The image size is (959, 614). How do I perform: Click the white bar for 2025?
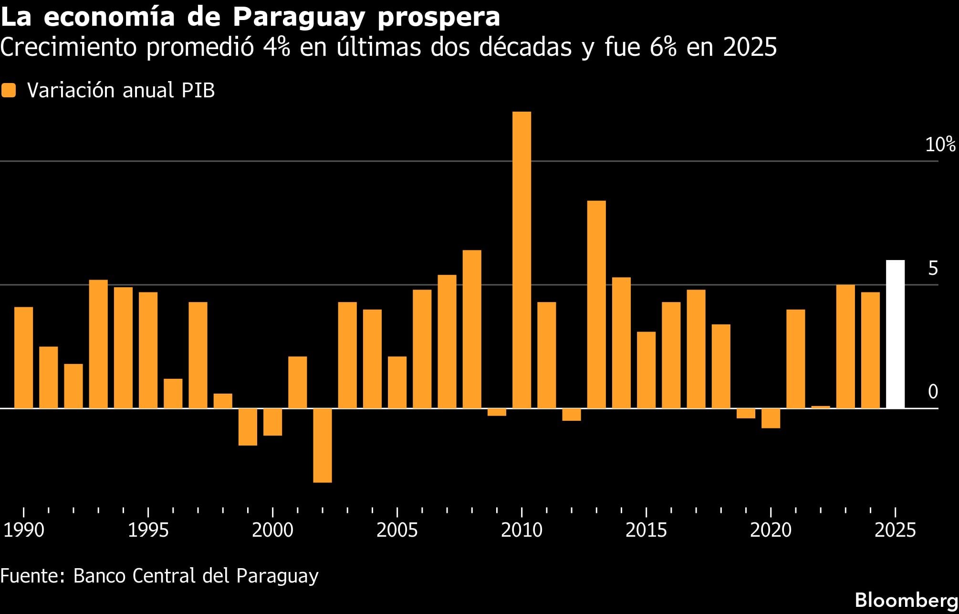[x=895, y=334]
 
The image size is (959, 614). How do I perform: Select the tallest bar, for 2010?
[x=521, y=260]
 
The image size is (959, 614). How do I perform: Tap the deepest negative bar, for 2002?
[x=323, y=445]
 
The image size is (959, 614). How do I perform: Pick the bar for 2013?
[x=596, y=304]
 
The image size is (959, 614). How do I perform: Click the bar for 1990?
[x=24, y=357]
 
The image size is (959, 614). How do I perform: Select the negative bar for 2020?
[x=771, y=418]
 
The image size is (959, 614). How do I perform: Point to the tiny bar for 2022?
[x=821, y=407]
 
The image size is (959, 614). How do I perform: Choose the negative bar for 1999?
[x=248, y=427]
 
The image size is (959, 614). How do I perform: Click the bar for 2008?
[x=472, y=329]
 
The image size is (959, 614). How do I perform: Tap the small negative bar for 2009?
[x=497, y=412]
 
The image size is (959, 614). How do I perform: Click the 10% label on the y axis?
[x=940, y=145]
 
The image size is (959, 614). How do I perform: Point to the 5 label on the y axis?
[x=933, y=269]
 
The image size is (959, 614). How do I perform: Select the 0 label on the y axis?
[x=933, y=392]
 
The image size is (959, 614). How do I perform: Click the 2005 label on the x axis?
[x=397, y=531]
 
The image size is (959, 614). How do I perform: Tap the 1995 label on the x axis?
[x=148, y=531]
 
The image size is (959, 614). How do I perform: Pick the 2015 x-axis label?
[x=646, y=531]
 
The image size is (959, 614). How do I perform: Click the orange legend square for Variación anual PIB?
[x=9, y=91]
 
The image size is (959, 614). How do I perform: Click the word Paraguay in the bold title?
[x=299, y=17]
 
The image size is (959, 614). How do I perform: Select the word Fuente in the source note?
[x=30, y=576]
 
